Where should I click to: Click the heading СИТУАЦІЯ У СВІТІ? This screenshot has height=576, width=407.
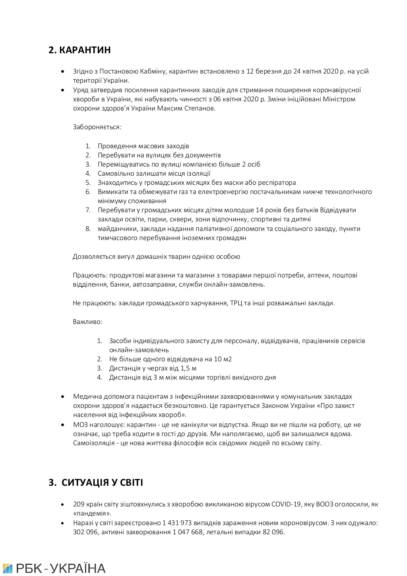tap(102, 483)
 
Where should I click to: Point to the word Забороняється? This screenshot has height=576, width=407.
tap(97, 127)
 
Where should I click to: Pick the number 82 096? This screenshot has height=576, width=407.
tap(273, 532)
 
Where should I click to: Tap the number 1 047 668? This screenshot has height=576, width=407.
tap(188, 532)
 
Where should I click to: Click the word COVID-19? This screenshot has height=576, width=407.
tap(286, 504)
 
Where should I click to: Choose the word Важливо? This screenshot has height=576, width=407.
tap(87, 322)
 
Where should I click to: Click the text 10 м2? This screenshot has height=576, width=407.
tap(223, 359)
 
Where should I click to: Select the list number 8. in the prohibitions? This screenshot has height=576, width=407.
tap(88, 229)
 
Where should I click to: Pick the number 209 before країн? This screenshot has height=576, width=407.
tap(79, 504)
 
